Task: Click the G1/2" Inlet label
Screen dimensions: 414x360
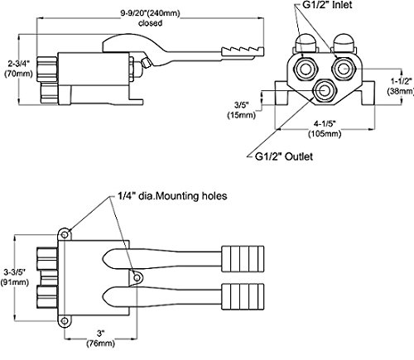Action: point(327,5)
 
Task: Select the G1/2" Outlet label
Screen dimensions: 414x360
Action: point(284,156)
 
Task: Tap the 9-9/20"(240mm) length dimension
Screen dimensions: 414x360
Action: point(151,13)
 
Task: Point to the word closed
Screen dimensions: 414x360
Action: point(151,23)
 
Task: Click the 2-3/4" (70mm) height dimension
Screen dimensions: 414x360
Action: point(18,69)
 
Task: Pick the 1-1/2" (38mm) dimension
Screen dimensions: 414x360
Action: point(401,86)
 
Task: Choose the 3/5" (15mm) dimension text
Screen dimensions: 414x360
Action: point(242,110)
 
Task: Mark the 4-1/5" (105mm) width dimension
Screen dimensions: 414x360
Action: point(325,128)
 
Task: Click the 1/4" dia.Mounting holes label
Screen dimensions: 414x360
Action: point(172,196)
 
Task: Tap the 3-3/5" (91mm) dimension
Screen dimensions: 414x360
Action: point(15,277)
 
